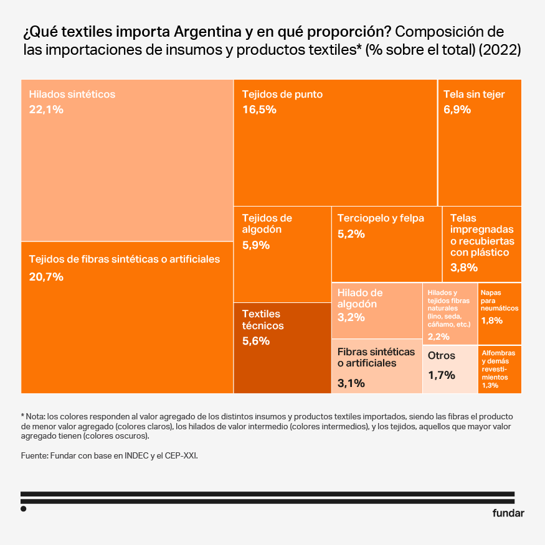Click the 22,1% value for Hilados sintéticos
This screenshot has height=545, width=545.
[x=46, y=109]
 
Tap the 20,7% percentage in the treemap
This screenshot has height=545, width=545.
[x=46, y=277]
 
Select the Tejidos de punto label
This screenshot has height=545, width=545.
[x=282, y=95]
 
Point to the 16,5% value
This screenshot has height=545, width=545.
[x=259, y=109]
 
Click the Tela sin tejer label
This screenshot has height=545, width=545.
[x=474, y=95]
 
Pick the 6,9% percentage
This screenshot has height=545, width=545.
[x=457, y=109]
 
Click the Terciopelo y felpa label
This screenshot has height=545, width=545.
[x=381, y=218]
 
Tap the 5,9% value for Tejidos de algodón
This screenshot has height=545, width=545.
[x=255, y=245]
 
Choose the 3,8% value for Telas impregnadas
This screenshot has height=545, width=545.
[x=463, y=268]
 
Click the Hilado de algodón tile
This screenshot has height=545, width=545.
[x=377, y=310]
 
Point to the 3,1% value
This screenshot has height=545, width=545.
[x=351, y=383]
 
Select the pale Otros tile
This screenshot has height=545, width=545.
[x=450, y=369]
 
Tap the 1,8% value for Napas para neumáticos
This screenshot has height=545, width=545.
[x=492, y=320]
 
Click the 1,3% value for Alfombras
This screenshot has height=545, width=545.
[x=490, y=386]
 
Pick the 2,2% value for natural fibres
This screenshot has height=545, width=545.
[x=438, y=337]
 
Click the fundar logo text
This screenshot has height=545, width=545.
[x=508, y=513]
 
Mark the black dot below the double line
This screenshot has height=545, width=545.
[x=23, y=508]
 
